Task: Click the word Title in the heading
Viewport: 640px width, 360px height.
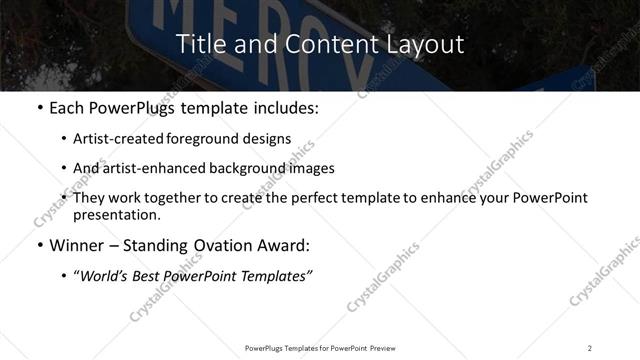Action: coord(198,44)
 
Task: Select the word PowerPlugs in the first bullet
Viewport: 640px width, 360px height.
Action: coord(137,107)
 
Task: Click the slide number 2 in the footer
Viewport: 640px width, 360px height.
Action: coord(589,347)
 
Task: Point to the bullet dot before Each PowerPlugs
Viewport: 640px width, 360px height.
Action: coord(38,107)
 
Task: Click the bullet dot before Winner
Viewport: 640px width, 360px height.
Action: coord(38,245)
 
